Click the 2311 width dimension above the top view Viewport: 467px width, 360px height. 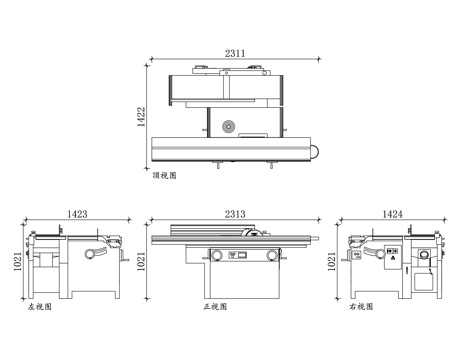(235, 53)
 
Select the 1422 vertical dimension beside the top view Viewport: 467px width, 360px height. (141, 117)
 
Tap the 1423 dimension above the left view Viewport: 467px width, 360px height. (77, 214)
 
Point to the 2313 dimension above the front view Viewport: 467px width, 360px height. (235, 214)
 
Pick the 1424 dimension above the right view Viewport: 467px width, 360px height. (392, 214)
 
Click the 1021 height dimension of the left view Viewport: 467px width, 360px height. (18, 261)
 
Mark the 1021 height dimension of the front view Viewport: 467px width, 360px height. (141, 261)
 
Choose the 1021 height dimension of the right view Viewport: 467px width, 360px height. (331, 261)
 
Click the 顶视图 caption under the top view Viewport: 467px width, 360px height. (164, 175)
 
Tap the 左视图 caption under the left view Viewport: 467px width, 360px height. (40, 307)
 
